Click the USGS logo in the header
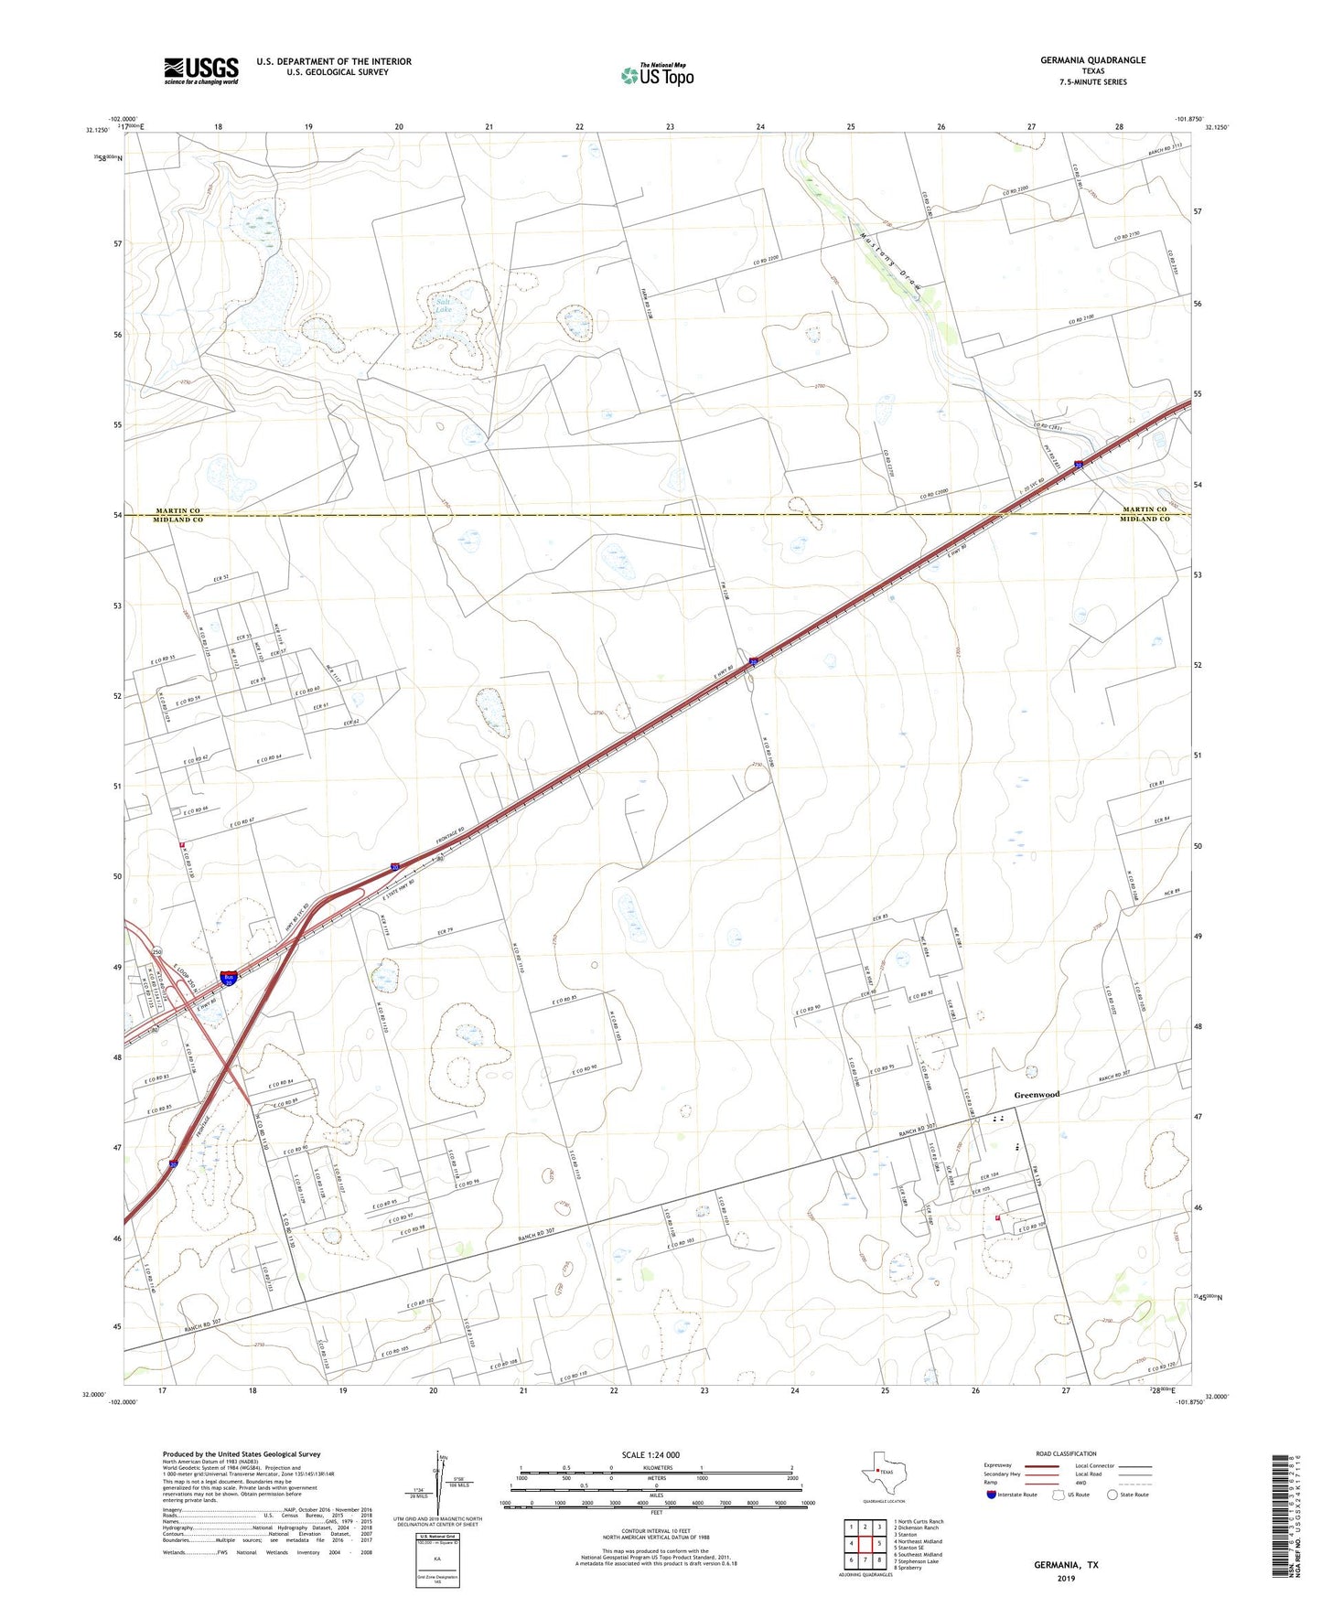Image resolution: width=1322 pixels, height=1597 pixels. pos(201,70)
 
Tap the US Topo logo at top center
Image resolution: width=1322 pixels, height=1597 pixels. pos(657,75)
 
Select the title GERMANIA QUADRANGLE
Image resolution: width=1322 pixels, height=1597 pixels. pos(1092,60)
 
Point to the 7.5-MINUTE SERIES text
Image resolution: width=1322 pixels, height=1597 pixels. pos(1092,82)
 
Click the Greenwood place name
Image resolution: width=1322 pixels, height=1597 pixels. pos(1037,1094)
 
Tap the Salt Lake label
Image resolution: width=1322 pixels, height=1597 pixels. pos(444,305)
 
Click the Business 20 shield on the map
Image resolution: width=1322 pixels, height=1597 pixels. pos(229,978)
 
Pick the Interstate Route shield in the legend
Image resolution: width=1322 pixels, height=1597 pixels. pos(992,1495)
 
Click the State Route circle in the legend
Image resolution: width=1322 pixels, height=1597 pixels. pos(1112,1495)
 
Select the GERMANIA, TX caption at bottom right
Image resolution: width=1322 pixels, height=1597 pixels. pos(1066,1565)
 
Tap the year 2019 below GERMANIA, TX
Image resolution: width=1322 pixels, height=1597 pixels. pos(1066,1578)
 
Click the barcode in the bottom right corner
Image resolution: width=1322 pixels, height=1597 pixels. pos(1283,1519)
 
